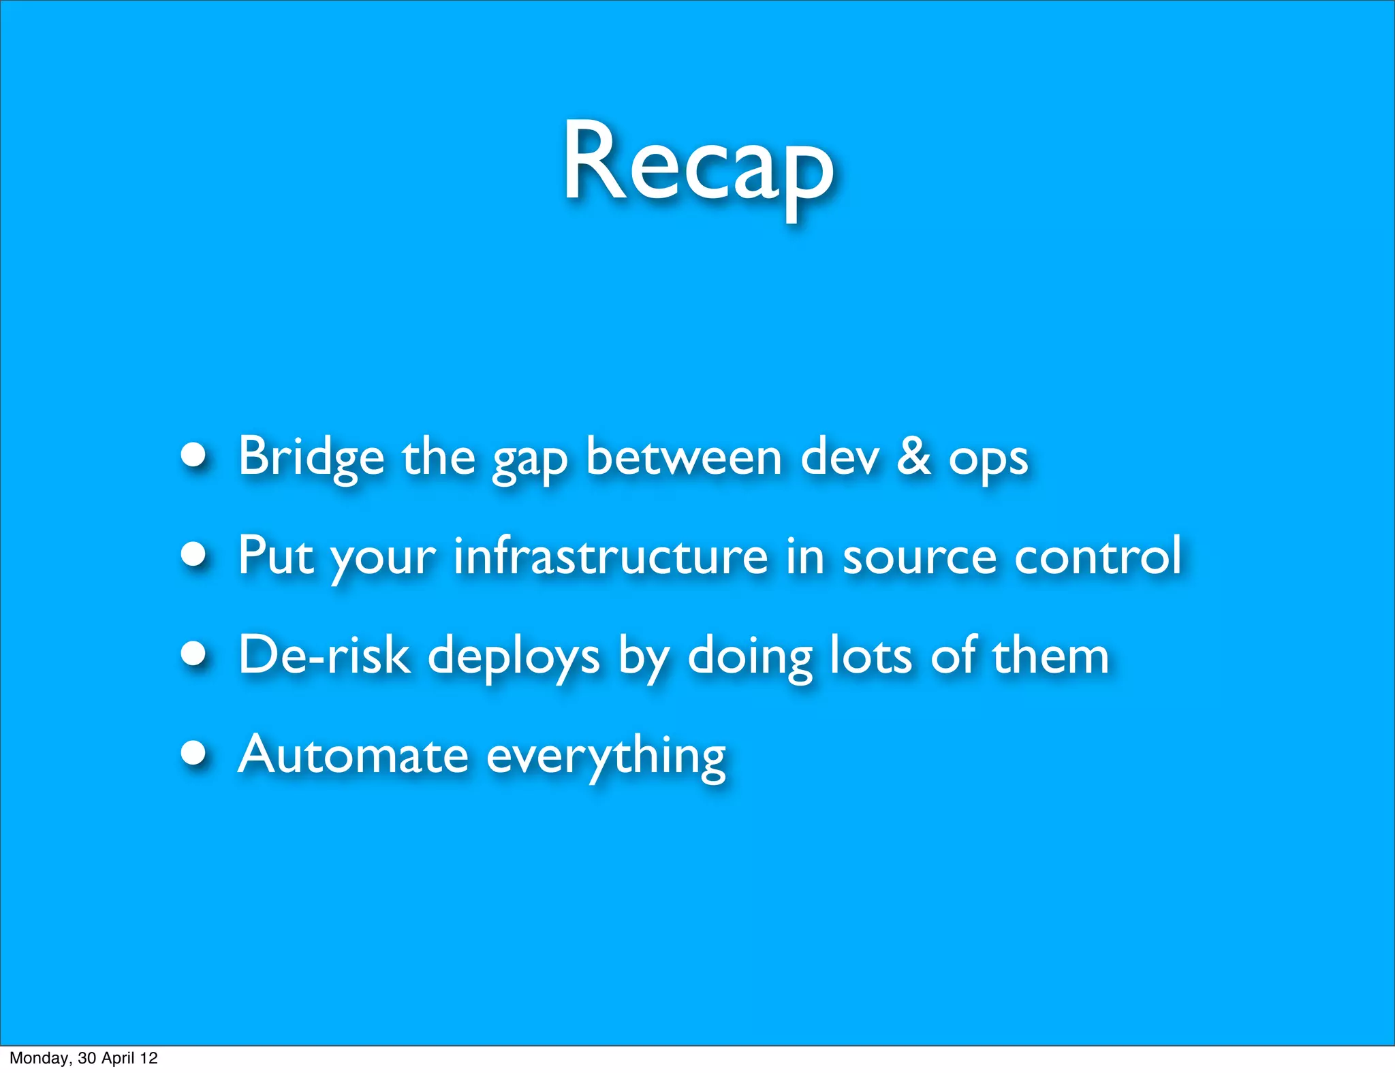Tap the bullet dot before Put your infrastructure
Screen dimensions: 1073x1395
point(194,554)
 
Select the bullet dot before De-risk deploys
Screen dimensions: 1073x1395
point(194,654)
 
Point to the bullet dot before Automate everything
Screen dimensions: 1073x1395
point(194,753)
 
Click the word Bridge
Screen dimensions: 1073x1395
point(311,456)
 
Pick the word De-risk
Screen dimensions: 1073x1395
point(324,655)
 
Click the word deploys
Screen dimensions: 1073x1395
point(514,657)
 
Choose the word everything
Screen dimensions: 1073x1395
point(606,757)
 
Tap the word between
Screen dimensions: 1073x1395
point(683,456)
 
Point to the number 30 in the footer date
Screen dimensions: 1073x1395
point(87,1058)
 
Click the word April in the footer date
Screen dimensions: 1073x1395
point(118,1058)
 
